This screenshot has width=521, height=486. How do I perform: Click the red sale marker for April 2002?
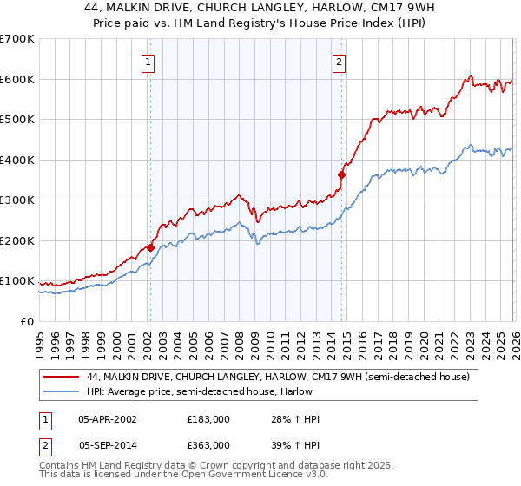[x=150, y=247]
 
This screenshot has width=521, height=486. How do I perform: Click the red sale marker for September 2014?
[x=341, y=174]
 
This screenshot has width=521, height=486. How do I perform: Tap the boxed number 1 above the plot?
[x=149, y=62]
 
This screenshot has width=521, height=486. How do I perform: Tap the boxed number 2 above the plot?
[x=338, y=62]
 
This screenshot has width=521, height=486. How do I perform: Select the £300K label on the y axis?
[x=17, y=200]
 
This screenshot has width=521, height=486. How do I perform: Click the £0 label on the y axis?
[x=28, y=322]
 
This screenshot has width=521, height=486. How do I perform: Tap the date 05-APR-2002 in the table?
[x=107, y=419]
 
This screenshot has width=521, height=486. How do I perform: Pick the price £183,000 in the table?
[x=208, y=419]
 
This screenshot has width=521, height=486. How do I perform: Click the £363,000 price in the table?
[x=208, y=447]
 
